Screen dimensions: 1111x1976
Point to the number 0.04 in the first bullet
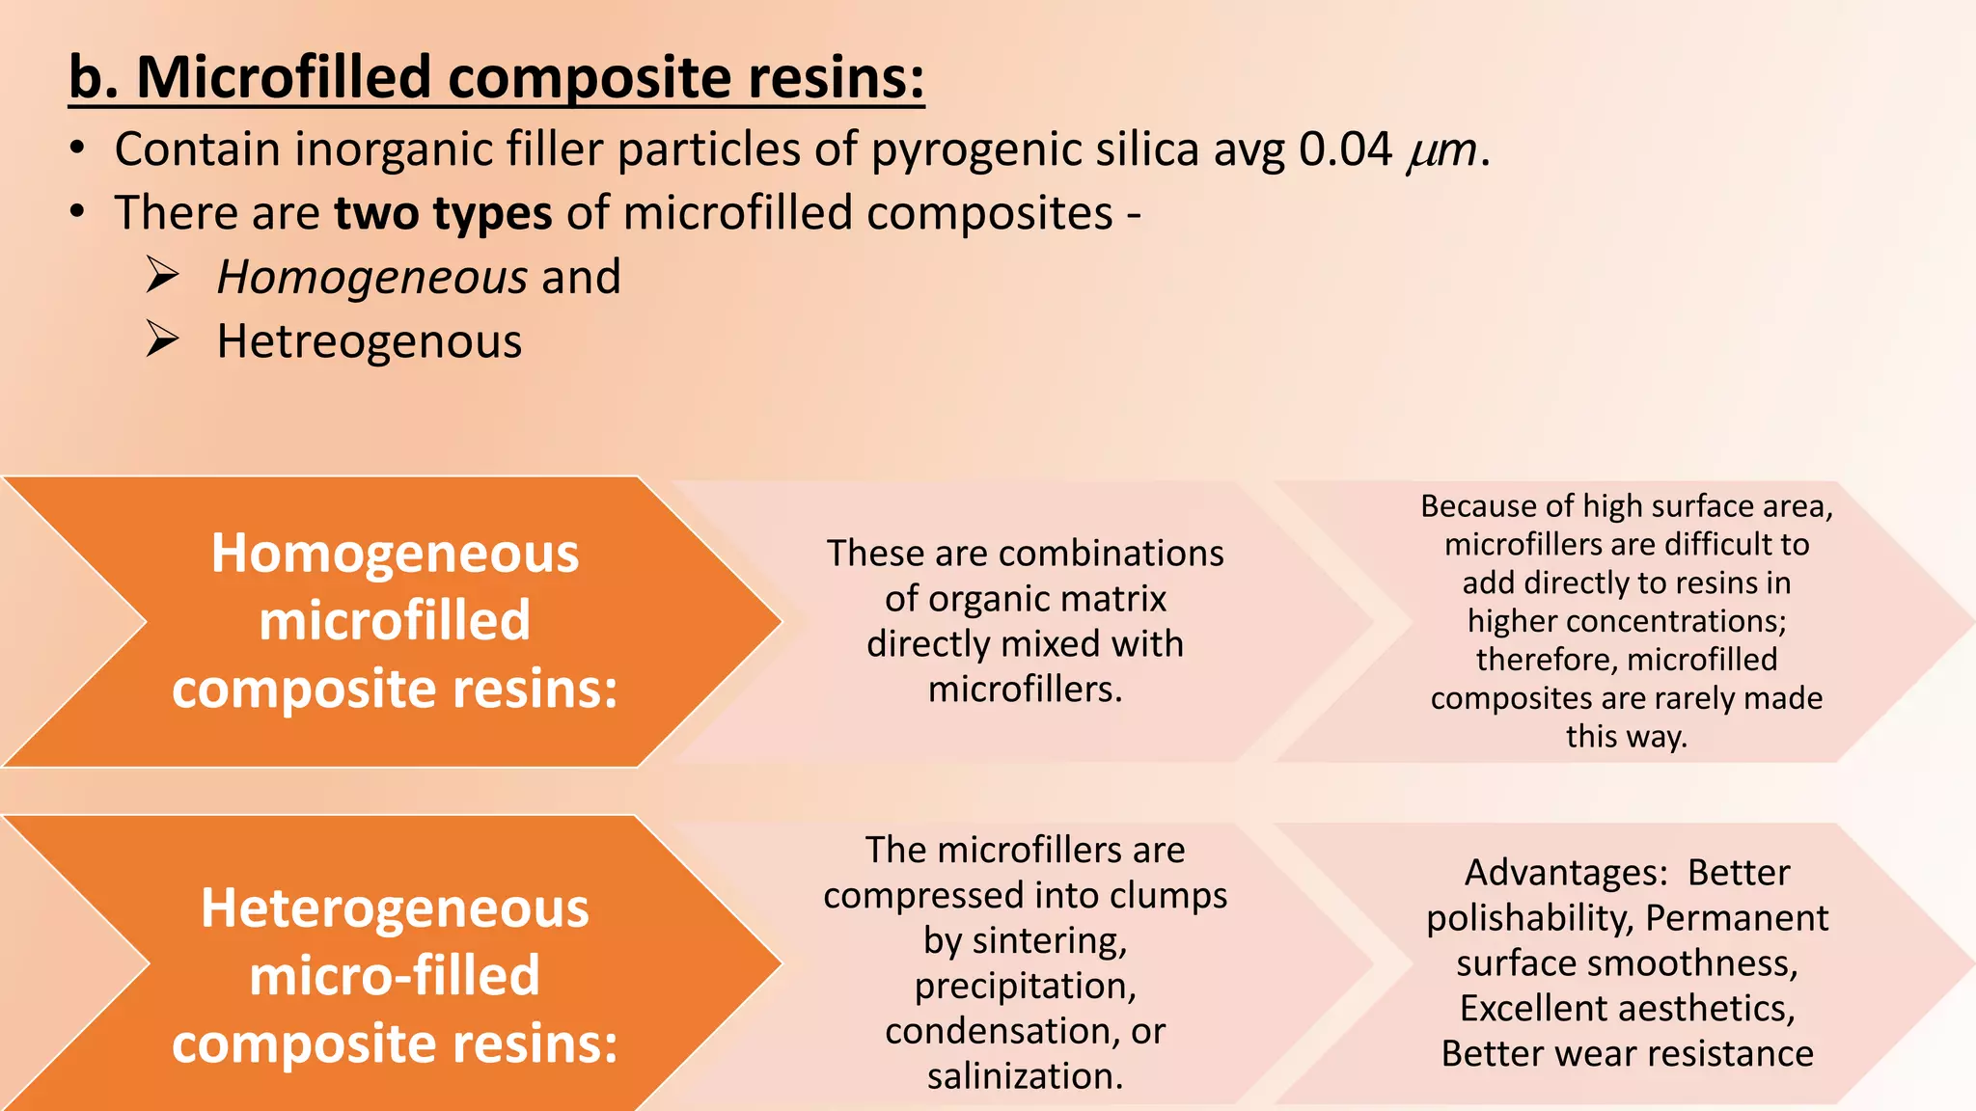point(1345,150)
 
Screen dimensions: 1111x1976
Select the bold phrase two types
point(443,213)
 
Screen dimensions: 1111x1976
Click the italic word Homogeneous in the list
point(371,278)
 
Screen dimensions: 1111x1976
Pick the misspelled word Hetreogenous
point(369,342)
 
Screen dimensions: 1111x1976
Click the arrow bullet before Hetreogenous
point(162,340)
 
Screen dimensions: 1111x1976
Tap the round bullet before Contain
point(78,149)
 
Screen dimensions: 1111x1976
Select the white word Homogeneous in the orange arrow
point(395,554)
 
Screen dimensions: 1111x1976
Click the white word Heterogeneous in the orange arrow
point(395,908)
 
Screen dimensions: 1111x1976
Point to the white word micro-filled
point(395,975)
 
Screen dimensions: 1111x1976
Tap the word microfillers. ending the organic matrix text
point(1025,690)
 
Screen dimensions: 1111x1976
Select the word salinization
point(1025,1076)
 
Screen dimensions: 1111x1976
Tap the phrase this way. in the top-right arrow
point(1626,737)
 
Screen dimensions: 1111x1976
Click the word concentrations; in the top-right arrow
point(1676,621)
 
